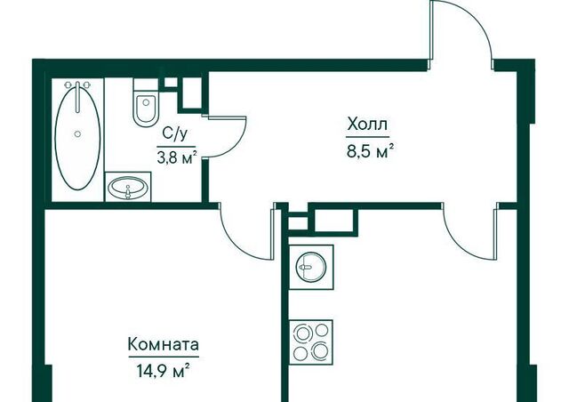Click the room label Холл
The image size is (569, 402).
tap(367, 125)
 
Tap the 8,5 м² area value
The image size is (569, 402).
tap(370, 150)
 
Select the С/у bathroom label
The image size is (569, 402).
tap(175, 134)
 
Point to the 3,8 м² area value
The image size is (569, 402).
tap(177, 157)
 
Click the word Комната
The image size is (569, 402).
tap(164, 344)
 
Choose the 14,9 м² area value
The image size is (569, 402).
tap(163, 371)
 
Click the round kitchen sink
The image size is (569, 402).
tap(311, 268)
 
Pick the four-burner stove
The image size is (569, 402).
tap(311, 342)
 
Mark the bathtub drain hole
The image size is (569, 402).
tap(77, 134)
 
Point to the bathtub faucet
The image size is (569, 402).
tap(77, 96)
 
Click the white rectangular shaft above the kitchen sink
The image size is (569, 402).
tap(333, 220)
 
